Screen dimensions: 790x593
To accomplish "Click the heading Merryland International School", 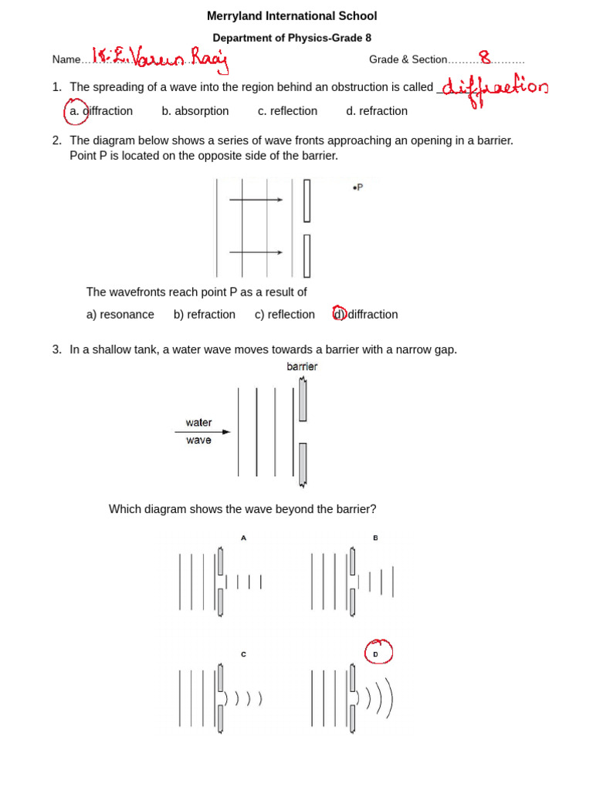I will tap(292, 16).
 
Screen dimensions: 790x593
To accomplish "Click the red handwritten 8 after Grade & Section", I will tap(485, 58).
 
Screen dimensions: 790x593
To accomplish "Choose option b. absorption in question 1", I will tap(195, 111).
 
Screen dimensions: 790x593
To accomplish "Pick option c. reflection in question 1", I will tap(287, 111).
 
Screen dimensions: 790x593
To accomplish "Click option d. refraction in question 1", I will tap(377, 111).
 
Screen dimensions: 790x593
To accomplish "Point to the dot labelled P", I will tap(354, 187).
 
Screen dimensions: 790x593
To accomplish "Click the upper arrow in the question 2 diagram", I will tap(256, 200).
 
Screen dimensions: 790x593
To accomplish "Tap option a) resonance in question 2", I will tap(120, 315).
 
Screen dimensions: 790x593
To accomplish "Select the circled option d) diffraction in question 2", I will tap(365, 315).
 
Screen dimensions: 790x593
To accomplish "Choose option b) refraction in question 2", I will tap(205, 315).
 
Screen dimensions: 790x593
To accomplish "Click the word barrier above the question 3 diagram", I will tap(302, 367).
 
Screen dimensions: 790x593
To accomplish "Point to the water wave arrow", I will tap(202, 432).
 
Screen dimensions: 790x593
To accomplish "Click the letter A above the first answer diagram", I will tap(243, 538).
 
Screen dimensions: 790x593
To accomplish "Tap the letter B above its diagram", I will tap(375, 538).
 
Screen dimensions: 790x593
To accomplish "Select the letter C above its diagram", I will tap(243, 654).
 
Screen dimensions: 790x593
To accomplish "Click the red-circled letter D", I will tap(377, 653).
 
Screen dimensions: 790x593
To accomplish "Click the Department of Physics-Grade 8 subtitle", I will tap(292, 38).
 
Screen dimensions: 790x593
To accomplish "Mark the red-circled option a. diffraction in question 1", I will tap(100, 111).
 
